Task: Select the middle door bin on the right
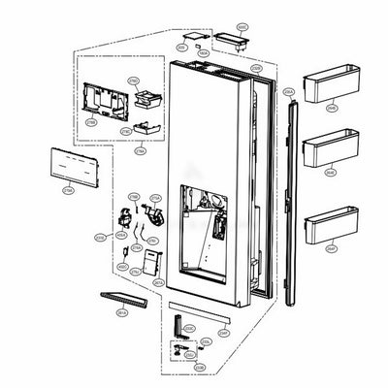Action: point(328,150)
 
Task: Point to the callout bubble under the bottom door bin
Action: point(331,248)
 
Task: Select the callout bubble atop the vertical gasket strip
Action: point(288,90)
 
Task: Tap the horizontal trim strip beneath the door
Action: point(204,317)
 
